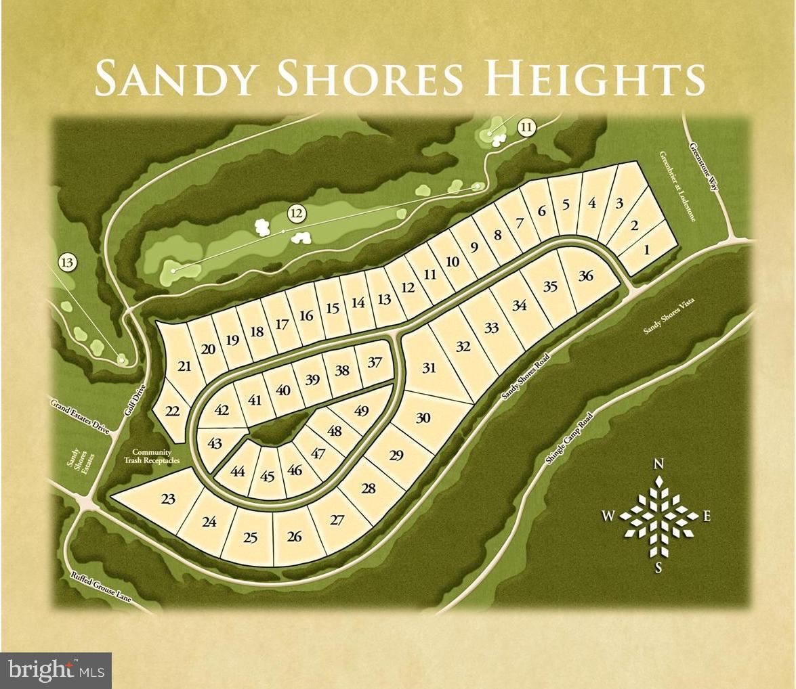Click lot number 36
(x=586, y=275)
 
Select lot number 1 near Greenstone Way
(x=646, y=250)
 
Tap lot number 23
(x=168, y=499)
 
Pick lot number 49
(x=361, y=410)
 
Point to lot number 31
(x=429, y=368)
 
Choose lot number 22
(x=173, y=411)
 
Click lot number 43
(x=215, y=443)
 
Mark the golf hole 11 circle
(x=526, y=127)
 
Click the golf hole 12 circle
(x=295, y=214)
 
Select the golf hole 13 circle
(x=67, y=262)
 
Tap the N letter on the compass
(x=657, y=464)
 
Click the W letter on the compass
(x=608, y=516)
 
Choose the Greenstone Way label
(x=703, y=166)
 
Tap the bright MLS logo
(x=56, y=670)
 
